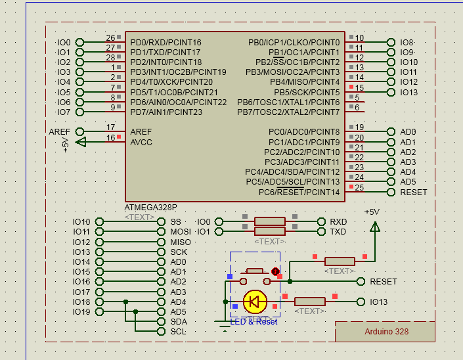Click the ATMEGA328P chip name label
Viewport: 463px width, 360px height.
click(150, 207)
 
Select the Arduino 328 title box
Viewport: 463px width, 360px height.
click(386, 332)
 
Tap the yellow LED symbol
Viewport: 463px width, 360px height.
click(254, 302)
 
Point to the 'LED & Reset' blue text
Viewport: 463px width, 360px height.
click(254, 321)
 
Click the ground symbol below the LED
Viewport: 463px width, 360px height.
click(223, 321)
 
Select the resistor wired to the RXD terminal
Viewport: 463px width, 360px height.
click(269, 221)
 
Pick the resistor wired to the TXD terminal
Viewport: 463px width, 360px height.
click(269, 232)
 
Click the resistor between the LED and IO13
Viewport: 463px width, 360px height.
click(309, 302)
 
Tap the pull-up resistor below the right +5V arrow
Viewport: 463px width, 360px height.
click(340, 261)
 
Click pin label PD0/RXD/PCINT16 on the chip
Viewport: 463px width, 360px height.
click(165, 42)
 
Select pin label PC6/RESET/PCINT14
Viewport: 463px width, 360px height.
click(299, 192)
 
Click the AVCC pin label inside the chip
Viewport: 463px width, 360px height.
click(141, 142)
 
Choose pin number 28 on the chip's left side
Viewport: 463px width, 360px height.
click(110, 58)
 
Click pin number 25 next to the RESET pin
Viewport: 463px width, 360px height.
click(359, 188)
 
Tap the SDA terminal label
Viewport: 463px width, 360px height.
click(179, 322)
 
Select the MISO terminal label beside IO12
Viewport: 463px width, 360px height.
click(180, 242)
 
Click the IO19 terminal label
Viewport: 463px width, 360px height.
click(81, 312)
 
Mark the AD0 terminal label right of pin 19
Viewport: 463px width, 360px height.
click(408, 132)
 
